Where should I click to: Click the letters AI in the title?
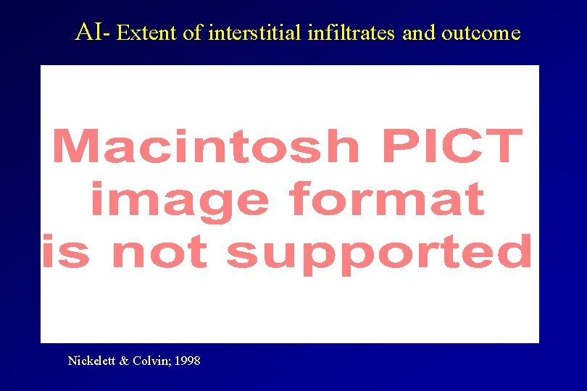point(90,32)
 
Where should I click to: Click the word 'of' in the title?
point(193,33)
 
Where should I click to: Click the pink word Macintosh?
point(206,146)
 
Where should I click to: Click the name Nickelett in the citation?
point(91,360)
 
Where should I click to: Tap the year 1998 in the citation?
point(188,360)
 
